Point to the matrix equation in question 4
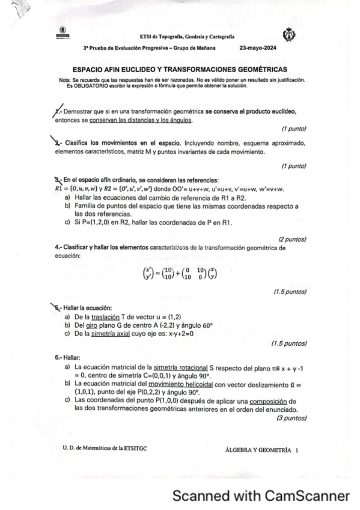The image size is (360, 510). coord(180,274)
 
